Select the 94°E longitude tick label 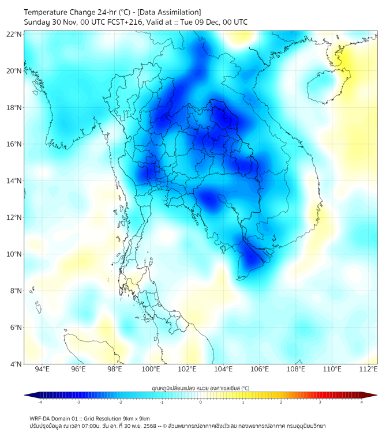coord(42,369)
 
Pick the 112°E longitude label coord(368,369)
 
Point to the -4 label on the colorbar coord(40,402)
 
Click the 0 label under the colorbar coord(201,402)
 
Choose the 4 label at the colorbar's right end coord(361,402)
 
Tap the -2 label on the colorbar coord(120,402)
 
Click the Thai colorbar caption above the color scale coord(200,388)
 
